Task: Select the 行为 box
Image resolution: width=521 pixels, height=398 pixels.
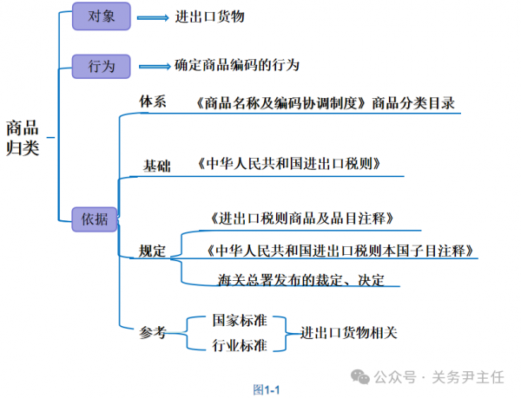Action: click(x=101, y=65)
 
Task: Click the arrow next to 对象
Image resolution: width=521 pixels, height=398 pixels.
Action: click(x=152, y=16)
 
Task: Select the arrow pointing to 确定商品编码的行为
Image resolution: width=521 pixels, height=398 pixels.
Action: click(x=153, y=66)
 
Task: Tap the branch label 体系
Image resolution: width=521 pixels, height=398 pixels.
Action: click(x=153, y=101)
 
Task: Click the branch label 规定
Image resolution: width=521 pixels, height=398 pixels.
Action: click(x=153, y=251)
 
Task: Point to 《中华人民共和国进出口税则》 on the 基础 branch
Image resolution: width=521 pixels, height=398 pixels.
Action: click(x=288, y=163)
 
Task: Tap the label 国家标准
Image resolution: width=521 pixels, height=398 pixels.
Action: click(x=239, y=320)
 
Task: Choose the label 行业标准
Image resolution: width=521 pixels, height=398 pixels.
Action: click(x=239, y=346)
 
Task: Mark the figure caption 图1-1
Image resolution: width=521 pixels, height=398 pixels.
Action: click(x=266, y=389)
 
